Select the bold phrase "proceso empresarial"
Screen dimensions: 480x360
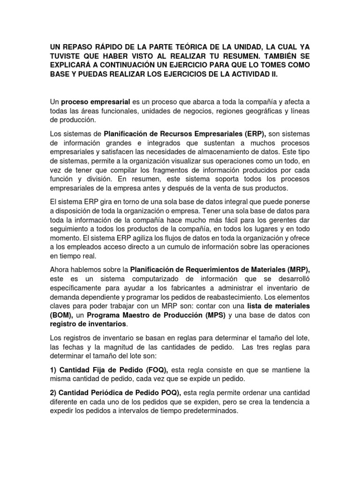[92, 102]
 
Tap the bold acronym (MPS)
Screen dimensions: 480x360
[213, 315]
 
